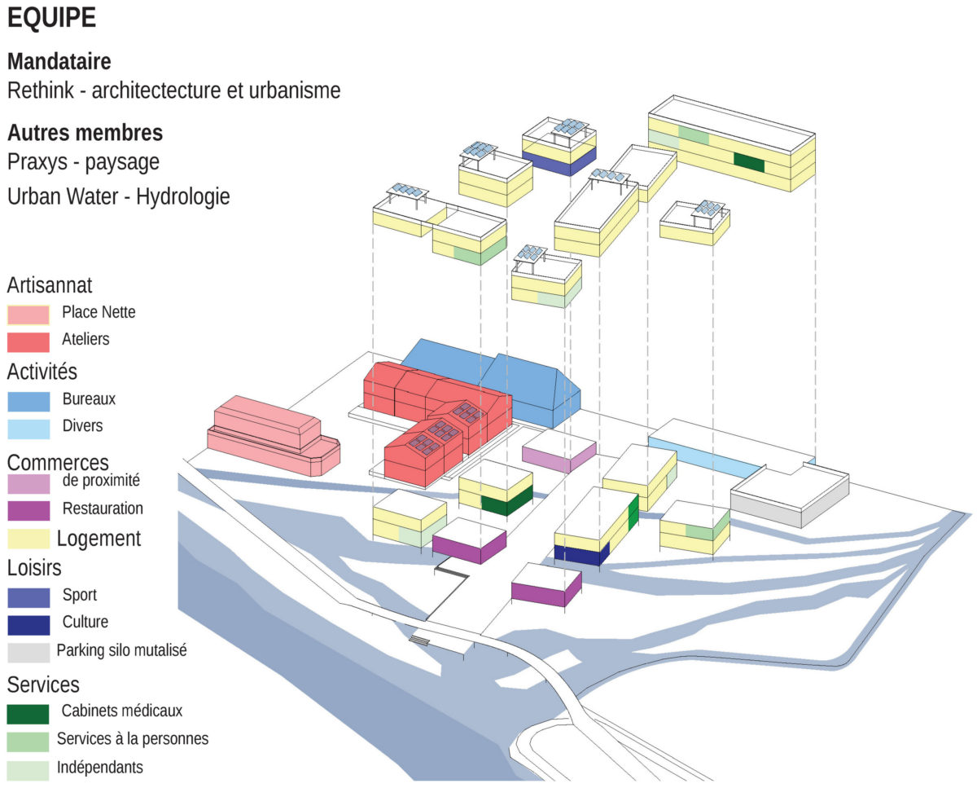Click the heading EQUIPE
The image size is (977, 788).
(x=52, y=19)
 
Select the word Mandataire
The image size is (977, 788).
(x=59, y=61)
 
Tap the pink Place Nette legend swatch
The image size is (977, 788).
(x=28, y=314)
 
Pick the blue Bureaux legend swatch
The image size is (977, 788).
(x=28, y=401)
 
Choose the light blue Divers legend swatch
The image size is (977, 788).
(x=28, y=428)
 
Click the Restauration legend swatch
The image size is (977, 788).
(x=28, y=510)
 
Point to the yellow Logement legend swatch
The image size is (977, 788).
(x=28, y=539)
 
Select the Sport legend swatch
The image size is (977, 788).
(x=28, y=597)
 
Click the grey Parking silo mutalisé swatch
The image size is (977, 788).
(x=28, y=653)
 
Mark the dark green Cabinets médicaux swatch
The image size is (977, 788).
(x=28, y=713)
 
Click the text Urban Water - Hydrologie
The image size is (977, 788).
(x=119, y=196)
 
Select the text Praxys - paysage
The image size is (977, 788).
(x=83, y=162)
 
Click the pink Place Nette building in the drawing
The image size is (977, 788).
(x=269, y=436)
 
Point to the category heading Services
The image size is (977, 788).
(x=43, y=684)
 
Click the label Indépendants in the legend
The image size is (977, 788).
(x=99, y=768)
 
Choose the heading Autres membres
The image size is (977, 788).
(x=85, y=132)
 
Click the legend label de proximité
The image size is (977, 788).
(x=101, y=481)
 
